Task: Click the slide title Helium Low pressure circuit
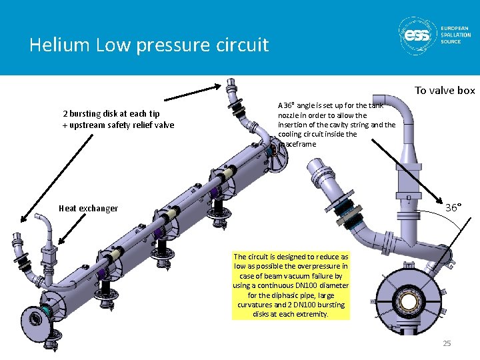coord(149,45)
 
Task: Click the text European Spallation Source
coord(455,35)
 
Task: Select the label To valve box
coord(444,91)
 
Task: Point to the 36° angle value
coord(453,208)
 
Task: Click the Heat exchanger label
coord(88,208)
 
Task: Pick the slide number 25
coord(447,343)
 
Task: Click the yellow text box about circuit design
coord(291,285)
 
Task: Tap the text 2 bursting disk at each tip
coord(111,114)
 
